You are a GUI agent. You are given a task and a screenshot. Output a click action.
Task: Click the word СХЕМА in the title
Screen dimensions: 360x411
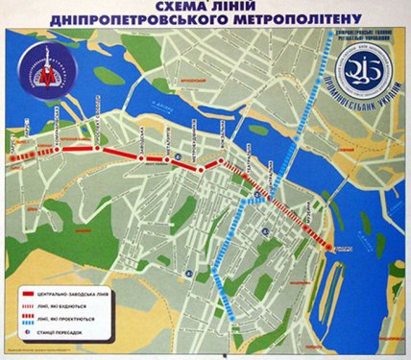tap(153, 8)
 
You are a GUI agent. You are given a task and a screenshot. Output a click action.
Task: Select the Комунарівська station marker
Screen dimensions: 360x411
tap(56, 147)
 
